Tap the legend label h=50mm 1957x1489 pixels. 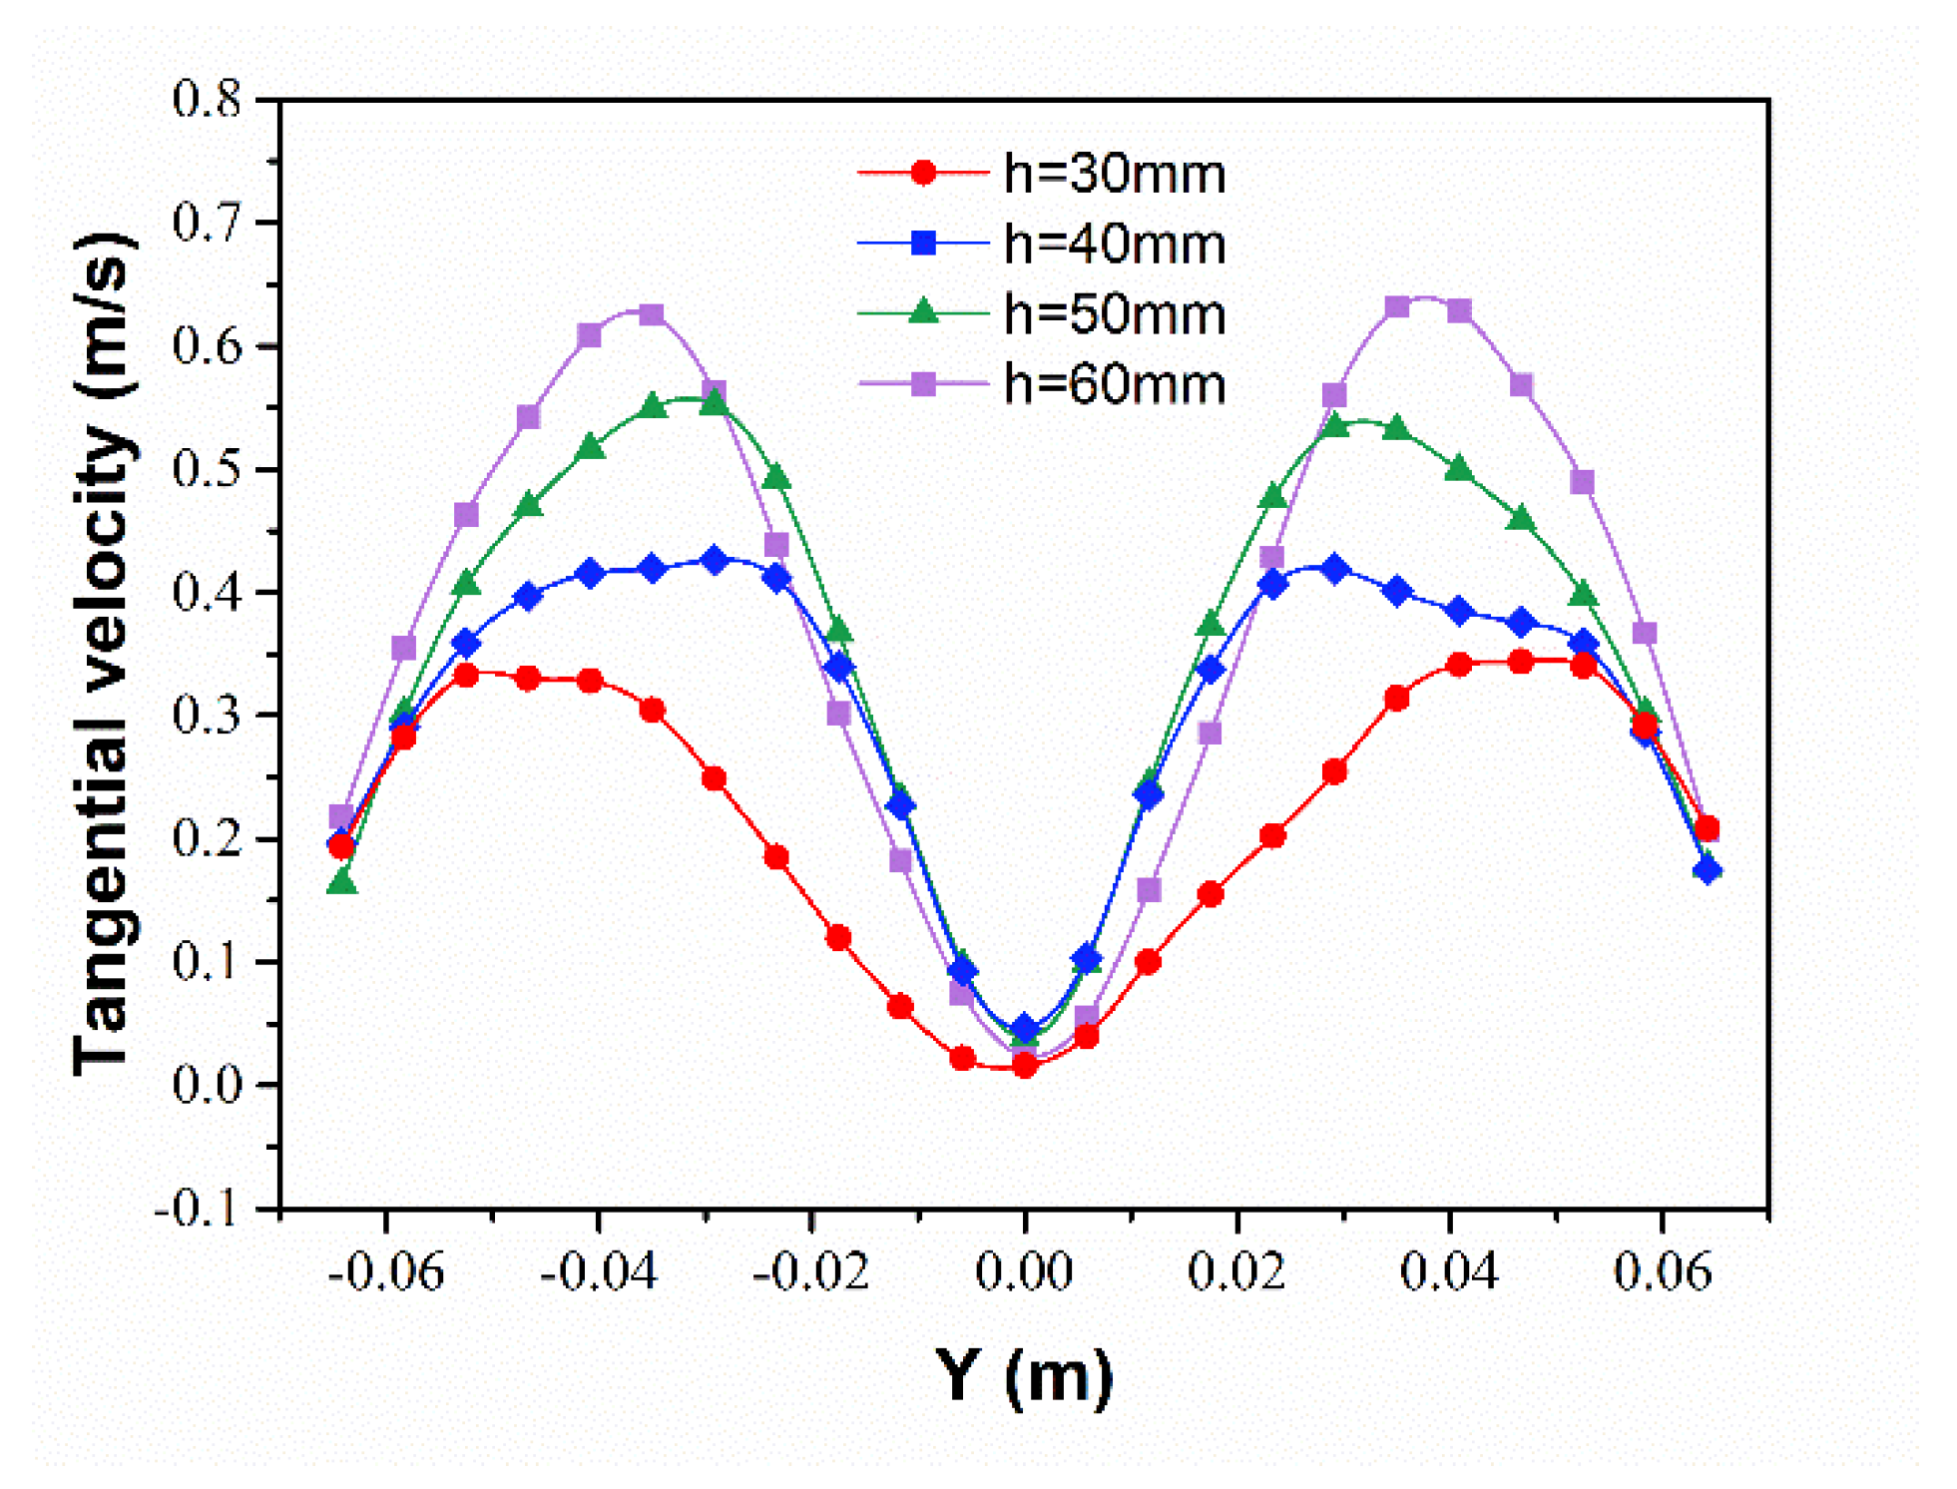pos(1113,314)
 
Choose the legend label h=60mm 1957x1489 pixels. pos(1113,384)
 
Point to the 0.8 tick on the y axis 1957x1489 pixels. pos(207,100)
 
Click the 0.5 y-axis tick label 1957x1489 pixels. pos(207,469)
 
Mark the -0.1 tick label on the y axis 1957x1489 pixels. pos(198,1209)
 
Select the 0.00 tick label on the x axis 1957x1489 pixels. pos(1023,1272)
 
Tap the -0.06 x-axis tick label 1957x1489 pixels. pos(385,1272)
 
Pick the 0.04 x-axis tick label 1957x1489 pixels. pos(1449,1272)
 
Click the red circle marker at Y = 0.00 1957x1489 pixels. pos(1024,1066)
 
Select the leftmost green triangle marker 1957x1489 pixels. pos(342,881)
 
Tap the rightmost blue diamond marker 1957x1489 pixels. pos(1707,870)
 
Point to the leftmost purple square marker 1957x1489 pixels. pos(341,817)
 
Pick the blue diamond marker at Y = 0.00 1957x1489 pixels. pos(1024,1029)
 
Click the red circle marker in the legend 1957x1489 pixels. pos(923,174)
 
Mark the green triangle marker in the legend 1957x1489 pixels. pos(923,312)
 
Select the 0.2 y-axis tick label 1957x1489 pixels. pos(207,838)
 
